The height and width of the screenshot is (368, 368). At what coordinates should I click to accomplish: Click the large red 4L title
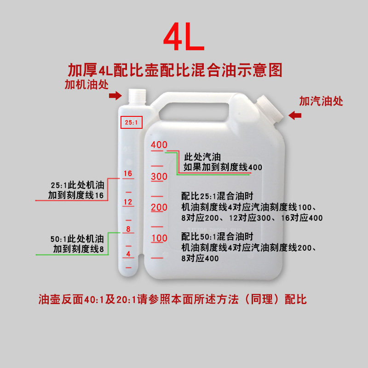tap(184, 39)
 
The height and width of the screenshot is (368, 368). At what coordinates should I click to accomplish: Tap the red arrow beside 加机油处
tap(115, 95)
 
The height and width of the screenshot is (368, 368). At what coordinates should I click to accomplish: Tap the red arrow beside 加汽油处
tap(294, 115)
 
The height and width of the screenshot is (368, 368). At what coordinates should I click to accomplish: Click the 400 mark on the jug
tap(159, 145)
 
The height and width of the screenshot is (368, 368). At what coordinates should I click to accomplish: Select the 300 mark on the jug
tap(159, 177)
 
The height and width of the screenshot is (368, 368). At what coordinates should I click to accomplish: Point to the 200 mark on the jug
tap(159, 207)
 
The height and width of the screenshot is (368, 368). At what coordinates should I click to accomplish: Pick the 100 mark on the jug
tap(159, 238)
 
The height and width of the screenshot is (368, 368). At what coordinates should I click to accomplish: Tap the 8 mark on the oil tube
tap(128, 229)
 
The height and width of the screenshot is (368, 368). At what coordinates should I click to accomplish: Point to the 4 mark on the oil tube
tap(128, 254)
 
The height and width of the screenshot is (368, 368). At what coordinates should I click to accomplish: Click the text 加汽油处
tap(321, 101)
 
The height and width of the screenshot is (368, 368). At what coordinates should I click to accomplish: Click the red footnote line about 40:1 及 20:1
tap(172, 299)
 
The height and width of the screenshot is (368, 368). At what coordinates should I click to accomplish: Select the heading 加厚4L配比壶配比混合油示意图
tap(175, 70)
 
